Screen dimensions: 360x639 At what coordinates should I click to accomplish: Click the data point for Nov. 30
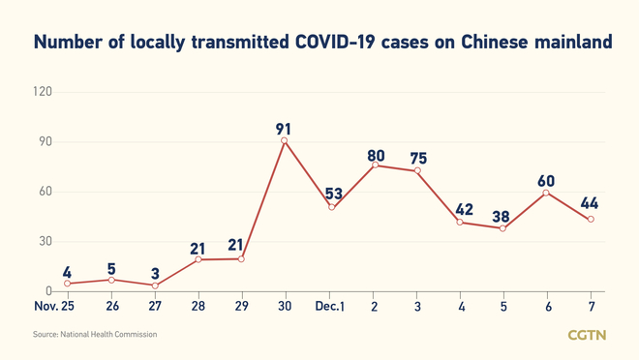284,141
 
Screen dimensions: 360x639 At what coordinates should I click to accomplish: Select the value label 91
284,128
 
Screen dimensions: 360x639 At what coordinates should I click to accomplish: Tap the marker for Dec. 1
332,207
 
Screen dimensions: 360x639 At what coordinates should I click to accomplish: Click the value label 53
334,194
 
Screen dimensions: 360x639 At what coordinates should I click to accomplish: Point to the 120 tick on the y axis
42,92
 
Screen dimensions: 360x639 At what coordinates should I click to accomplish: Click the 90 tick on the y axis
45,142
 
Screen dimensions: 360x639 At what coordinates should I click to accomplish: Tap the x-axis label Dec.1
330,306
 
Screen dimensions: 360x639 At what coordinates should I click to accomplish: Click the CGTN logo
587,335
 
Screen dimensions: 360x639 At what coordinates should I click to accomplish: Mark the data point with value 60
547,193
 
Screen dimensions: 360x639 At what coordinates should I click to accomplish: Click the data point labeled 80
375,165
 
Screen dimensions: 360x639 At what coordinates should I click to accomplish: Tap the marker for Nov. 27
155,285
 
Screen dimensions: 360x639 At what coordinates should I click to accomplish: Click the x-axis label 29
241,306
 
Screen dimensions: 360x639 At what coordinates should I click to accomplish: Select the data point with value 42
461,222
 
